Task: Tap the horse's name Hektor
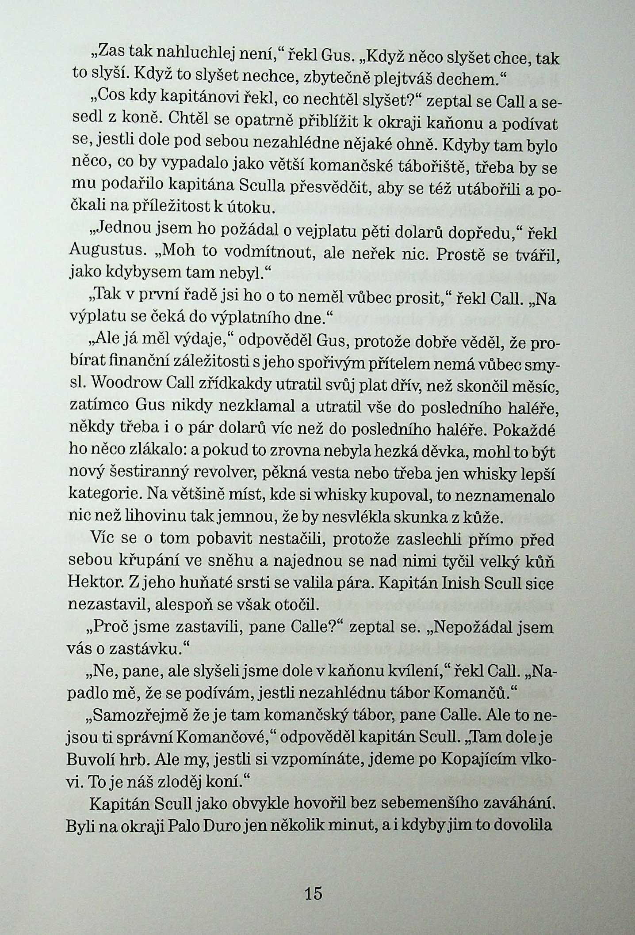pyautogui.click(x=92, y=583)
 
